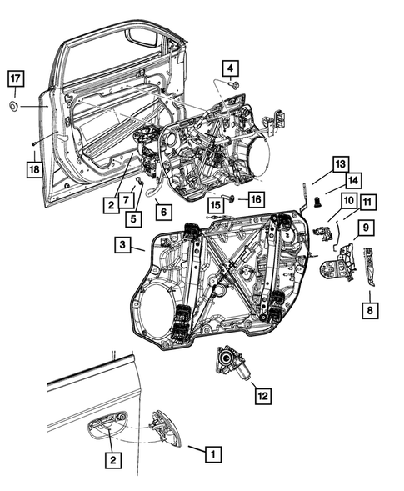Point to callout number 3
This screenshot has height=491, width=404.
(x=123, y=245)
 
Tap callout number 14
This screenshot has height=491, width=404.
(x=352, y=178)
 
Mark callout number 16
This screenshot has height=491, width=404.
(x=254, y=198)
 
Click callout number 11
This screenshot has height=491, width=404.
(x=367, y=201)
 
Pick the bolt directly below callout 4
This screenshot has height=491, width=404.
(x=232, y=85)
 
